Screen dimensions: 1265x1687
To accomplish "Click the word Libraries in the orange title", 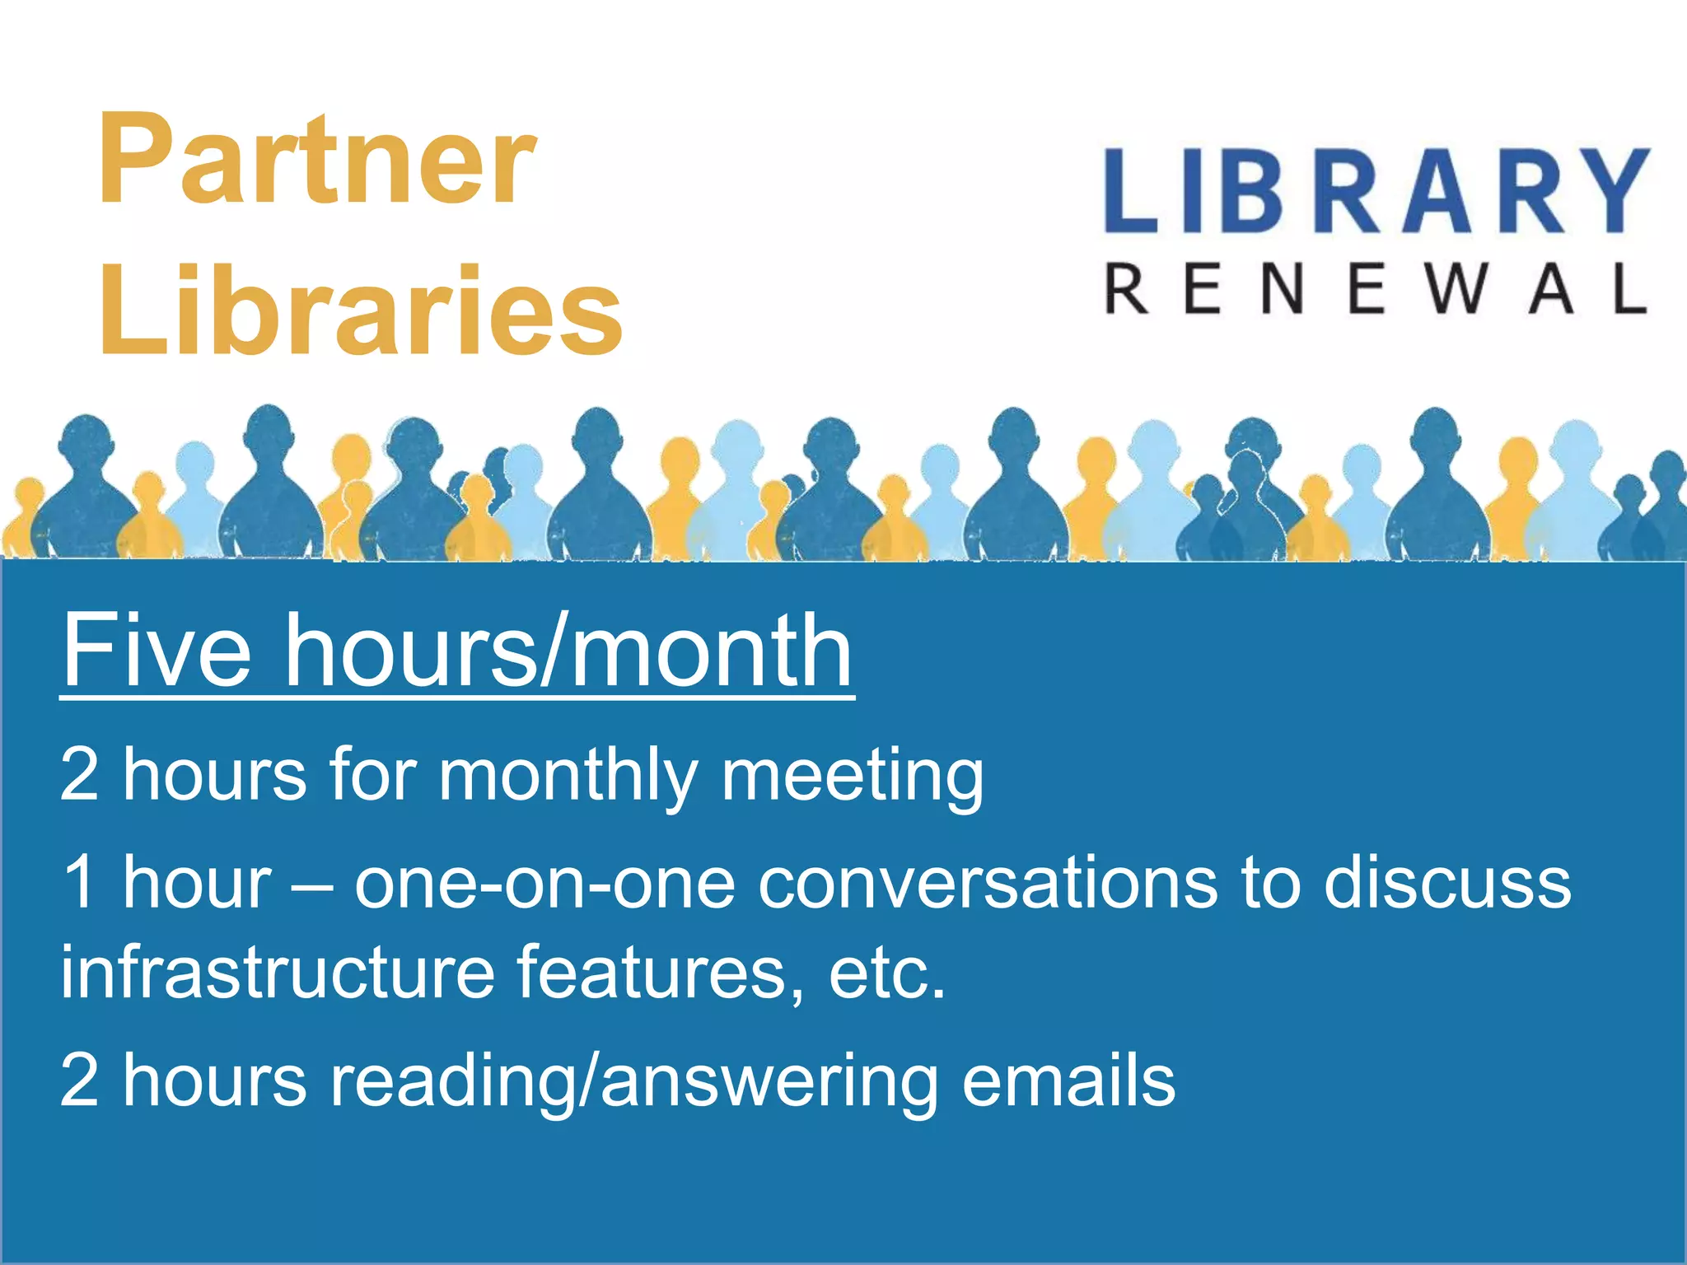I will [x=361, y=310].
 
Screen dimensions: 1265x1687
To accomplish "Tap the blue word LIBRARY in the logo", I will [x=1376, y=191].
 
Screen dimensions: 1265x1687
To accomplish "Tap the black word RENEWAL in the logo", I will [x=1376, y=290].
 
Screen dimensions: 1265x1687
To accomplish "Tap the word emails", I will [x=1068, y=1081].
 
